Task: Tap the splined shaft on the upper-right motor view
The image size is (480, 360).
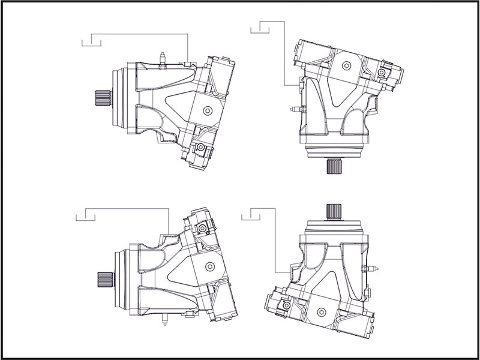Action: [x=334, y=166]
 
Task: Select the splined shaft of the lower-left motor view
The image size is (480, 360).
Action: [x=106, y=279]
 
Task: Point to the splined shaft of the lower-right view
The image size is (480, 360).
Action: [x=334, y=211]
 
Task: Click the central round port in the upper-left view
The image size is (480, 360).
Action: [x=208, y=110]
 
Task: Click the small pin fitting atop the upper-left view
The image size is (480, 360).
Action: [x=162, y=58]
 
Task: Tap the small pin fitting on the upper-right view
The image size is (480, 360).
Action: [x=294, y=109]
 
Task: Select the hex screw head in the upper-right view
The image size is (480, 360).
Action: [x=382, y=73]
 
